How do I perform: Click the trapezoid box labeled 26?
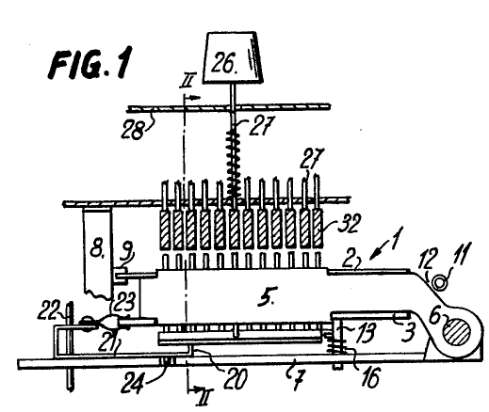[x=233, y=57]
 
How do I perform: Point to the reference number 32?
[x=348, y=223]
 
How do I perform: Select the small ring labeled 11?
[x=440, y=282]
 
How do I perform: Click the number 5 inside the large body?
[x=266, y=298]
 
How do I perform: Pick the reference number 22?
[x=49, y=311]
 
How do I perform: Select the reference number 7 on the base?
[x=300, y=380]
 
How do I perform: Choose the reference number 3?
[x=408, y=332]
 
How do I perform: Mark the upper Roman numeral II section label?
[x=187, y=80]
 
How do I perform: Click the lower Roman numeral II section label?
[x=205, y=397]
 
